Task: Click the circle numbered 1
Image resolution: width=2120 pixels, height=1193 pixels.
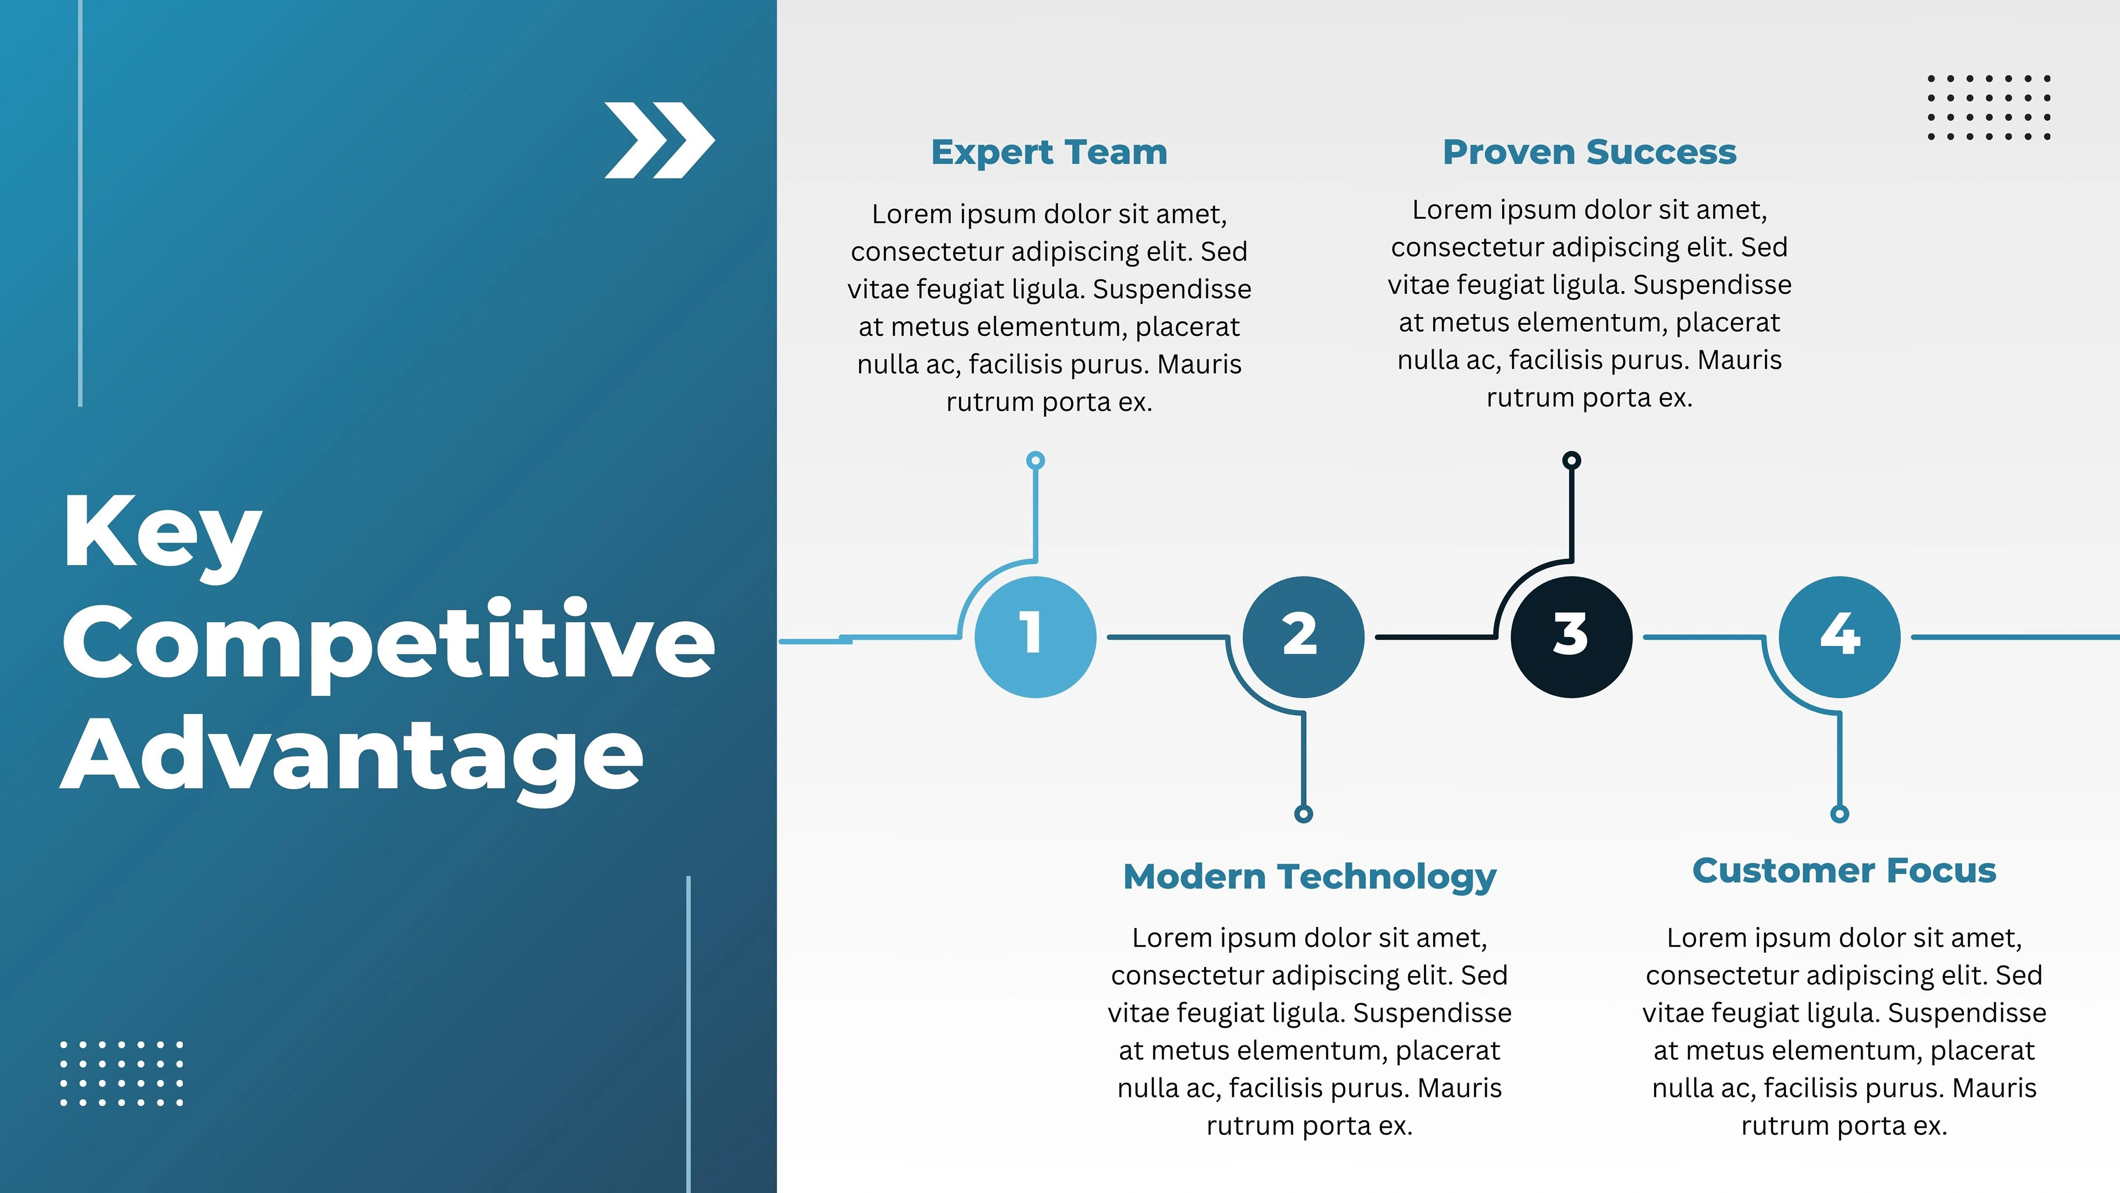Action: click(1035, 636)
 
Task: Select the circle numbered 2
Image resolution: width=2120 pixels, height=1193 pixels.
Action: click(1303, 636)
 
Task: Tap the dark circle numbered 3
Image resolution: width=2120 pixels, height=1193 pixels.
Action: click(1572, 636)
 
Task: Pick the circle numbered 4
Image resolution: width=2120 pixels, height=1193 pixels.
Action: click(1840, 636)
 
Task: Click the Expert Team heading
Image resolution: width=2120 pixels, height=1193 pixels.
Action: click(1050, 152)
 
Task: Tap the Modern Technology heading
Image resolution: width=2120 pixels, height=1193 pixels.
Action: click(1310, 878)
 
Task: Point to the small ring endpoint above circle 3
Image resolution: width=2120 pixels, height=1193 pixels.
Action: click(1572, 460)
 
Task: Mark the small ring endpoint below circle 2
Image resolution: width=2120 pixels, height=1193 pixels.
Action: click(1303, 814)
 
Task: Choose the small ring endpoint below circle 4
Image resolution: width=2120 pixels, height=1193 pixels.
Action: click(1840, 814)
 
